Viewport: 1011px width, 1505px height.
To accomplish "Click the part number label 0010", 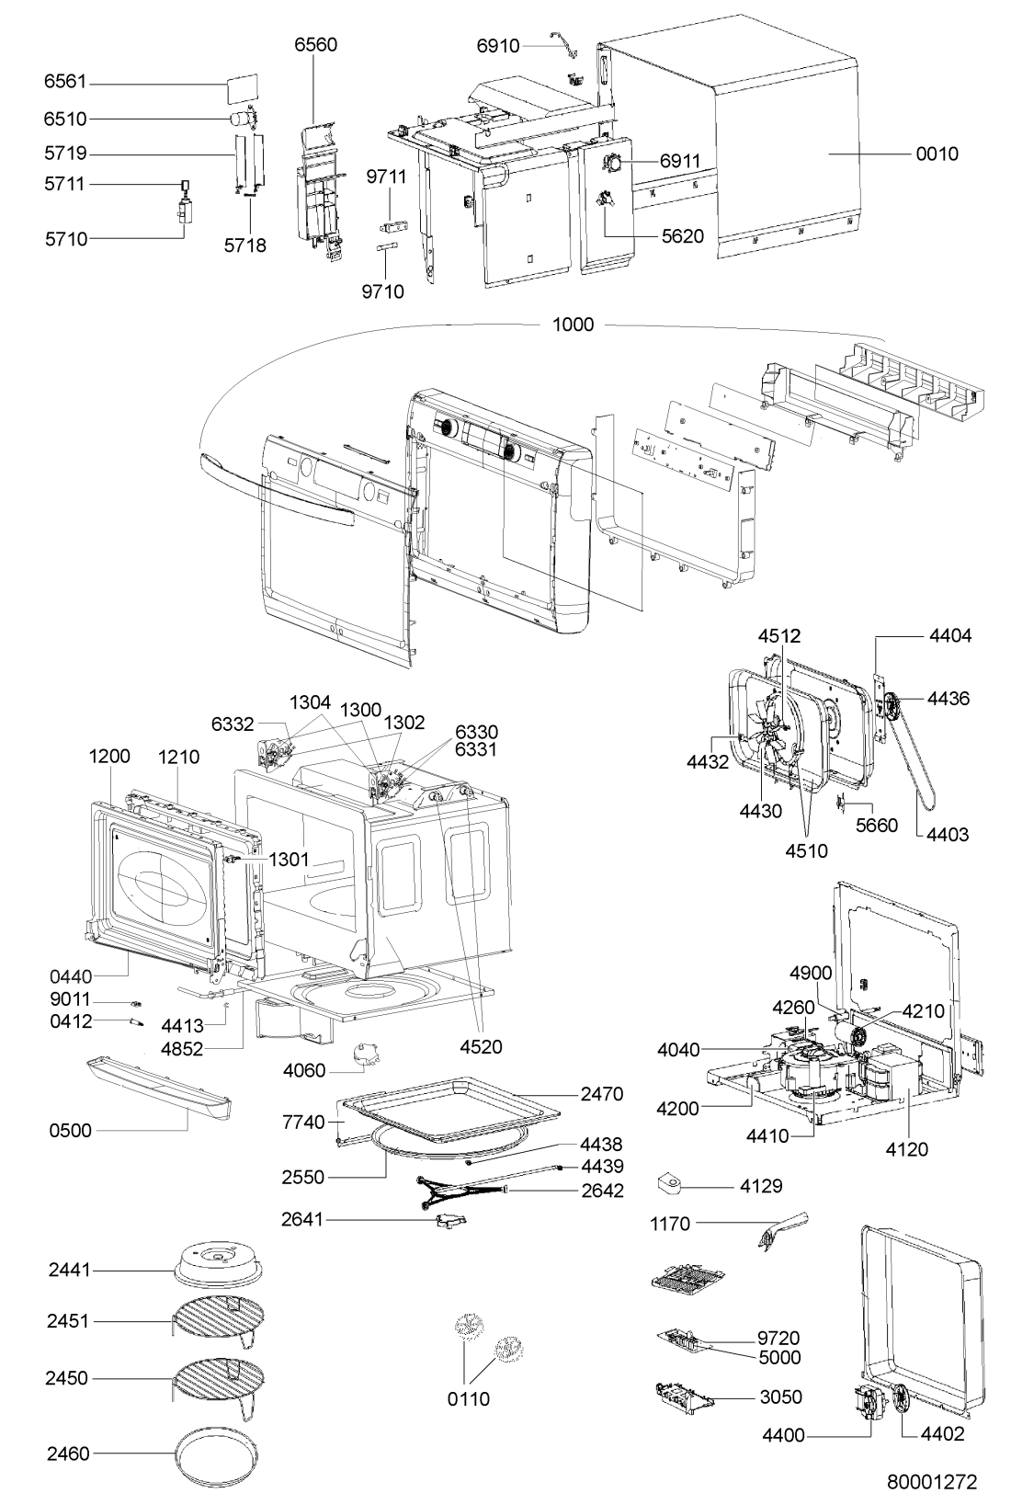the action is [937, 154].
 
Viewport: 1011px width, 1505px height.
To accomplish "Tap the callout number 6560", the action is [316, 44].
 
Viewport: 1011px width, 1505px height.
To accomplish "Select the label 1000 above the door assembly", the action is [573, 325].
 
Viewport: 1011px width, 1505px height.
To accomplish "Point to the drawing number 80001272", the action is [932, 1481].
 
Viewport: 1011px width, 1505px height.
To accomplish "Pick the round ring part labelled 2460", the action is [216, 1454].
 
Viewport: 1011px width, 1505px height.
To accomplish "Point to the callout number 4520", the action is [481, 1046].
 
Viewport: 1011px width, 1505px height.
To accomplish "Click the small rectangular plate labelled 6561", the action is [243, 88].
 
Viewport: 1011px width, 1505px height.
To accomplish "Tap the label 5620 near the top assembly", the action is [683, 236].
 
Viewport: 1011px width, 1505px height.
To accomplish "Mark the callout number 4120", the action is [907, 1149].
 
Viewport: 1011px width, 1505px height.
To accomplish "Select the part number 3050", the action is [780, 1397].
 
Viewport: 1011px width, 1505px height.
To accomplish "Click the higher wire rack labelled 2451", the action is [219, 1321].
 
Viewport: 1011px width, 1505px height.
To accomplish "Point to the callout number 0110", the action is [468, 1399].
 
